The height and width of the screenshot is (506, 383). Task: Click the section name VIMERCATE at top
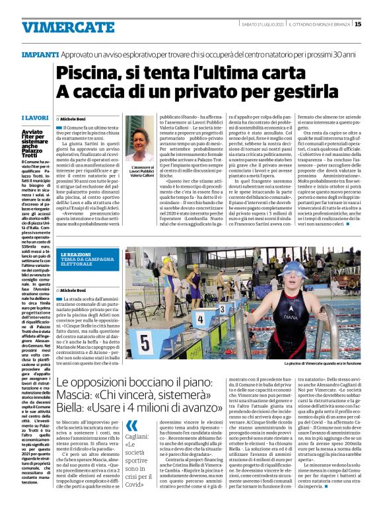[59, 27]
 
